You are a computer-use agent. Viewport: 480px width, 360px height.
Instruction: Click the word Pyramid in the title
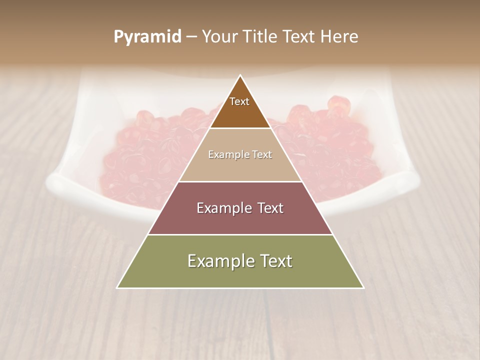(x=147, y=37)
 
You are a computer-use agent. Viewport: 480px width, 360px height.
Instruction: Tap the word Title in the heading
(x=259, y=37)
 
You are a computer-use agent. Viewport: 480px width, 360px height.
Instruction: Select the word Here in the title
(x=339, y=37)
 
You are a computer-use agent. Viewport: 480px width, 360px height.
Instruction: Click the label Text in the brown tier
(x=239, y=101)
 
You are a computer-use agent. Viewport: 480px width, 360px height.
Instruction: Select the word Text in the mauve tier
(x=267, y=208)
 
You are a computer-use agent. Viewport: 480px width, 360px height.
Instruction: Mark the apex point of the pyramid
(x=240, y=75)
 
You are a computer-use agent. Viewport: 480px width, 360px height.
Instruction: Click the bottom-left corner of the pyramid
(x=117, y=287)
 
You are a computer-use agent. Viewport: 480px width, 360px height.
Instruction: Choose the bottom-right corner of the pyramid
(x=363, y=287)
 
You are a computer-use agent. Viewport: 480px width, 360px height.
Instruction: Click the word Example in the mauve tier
(x=222, y=208)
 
